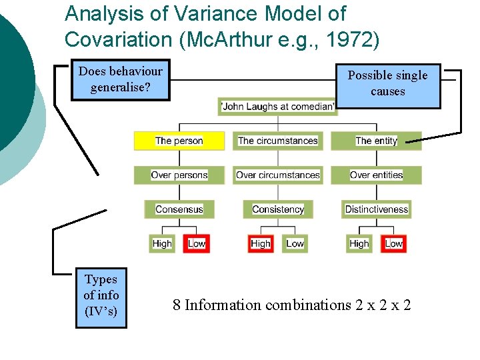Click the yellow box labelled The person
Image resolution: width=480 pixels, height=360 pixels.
click(x=179, y=141)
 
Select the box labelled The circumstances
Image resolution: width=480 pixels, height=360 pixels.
click(x=277, y=141)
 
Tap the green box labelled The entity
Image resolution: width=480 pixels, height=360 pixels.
click(x=376, y=141)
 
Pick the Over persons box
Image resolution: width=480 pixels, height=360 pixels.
click(x=179, y=175)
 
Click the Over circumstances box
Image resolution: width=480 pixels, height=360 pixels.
click(x=277, y=175)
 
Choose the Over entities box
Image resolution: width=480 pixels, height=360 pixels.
click(x=376, y=175)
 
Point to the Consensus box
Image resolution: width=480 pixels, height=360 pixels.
click(x=179, y=209)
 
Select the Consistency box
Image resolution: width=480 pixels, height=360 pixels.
click(x=277, y=209)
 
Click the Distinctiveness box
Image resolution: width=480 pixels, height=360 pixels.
click(x=376, y=209)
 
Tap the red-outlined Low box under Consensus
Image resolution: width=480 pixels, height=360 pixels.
click(x=197, y=243)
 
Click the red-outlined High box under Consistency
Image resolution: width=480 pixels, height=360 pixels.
click(x=261, y=243)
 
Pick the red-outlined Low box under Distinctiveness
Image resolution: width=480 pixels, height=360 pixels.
click(x=393, y=243)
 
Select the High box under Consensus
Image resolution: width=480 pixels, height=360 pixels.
click(x=162, y=243)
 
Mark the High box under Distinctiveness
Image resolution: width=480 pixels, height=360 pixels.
click(x=359, y=243)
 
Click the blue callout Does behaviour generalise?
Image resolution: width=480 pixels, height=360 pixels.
click(x=120, y=79)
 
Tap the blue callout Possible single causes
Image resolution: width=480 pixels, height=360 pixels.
click(x=387, y=83)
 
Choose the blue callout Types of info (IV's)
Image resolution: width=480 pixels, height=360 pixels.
click(x=101, y=295)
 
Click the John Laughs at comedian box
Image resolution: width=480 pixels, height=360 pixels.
click(x=278, y=107)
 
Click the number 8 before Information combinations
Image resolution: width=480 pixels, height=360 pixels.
click(x=177, y=305)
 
